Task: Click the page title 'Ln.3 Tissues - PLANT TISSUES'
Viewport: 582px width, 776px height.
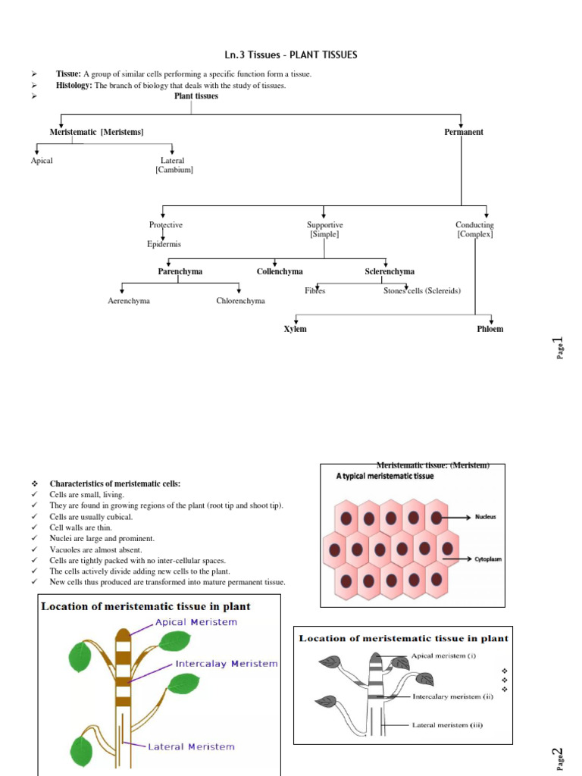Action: pyautogui.click(x=292, y=55)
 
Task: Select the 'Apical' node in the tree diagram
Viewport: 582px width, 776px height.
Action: pyautogui.click(x=42, y=161)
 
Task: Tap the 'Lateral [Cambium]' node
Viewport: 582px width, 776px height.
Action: pyautogui.click(x=174, y=165)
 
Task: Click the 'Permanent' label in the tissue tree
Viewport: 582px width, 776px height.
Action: pyautogui.click(x=463, y=132)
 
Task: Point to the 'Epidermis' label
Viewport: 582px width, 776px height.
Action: pyautogui.click(x=164, y=244)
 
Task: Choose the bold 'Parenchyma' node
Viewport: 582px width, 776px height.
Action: pyautogui.click(x=180, y=271)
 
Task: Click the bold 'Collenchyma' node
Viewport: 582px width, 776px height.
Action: pyautogui.click(x=280, y=271)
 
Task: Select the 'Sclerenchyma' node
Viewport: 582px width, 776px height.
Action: pyautogui.click(x=390, y=271)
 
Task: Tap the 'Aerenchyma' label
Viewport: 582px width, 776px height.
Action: pyautogui.click(x=129, y=301)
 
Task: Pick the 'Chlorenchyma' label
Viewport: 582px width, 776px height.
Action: pyautogui.click(x=240, y=301)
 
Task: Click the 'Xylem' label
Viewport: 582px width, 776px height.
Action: pyautogui.click(x=295, y=329)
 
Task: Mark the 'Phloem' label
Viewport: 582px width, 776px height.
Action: pyautogui.click(x=490, y=329)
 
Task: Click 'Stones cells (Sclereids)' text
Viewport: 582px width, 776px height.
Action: pyautogui.click(x=422, y=291)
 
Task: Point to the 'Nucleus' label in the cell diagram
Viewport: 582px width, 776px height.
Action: pyautogui.click(x=486, y=518)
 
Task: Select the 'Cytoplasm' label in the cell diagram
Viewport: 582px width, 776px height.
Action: pyautogui.click(x=488, y=559)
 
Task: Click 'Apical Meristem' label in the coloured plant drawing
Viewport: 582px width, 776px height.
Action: pyautogui.click(x=196, y=622)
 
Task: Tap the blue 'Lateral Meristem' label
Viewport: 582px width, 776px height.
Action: pyautogui.click(x=190, y=746)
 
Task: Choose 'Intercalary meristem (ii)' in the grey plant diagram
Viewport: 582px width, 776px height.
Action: pyautogui.click(x=452, y=696)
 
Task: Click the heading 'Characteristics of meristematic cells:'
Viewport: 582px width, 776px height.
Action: pyautogui.click(x=115, y=483)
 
